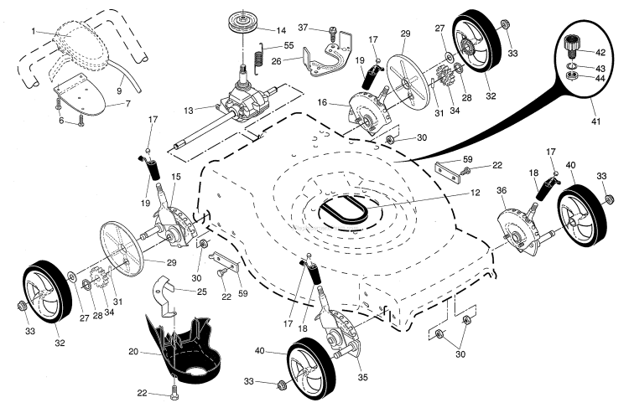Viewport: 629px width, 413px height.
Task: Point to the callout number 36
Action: point(502,191)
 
